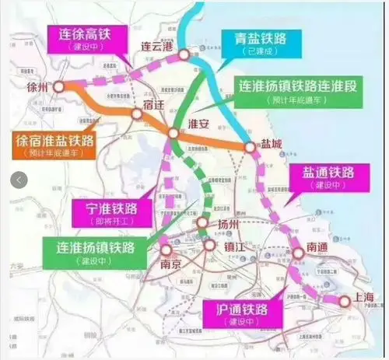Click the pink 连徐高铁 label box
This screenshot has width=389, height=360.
(91, 36)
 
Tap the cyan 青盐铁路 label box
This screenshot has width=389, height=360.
(253, 43)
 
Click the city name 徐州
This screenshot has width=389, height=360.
(37, 88)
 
